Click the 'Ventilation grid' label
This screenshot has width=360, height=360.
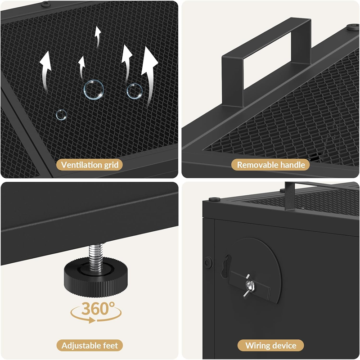coord(90,165)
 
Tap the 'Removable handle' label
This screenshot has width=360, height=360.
coord(271,165)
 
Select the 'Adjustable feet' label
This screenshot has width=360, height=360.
coord(90,345)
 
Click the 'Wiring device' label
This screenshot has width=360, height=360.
coord(271,345)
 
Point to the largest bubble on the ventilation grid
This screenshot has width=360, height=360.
coord(94,90)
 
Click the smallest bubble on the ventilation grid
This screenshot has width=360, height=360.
coord(61,115)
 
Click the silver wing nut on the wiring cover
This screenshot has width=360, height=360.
coord(249,286)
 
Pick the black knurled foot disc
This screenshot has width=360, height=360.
coord(95,277)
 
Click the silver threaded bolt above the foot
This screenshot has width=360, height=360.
coord(96,257)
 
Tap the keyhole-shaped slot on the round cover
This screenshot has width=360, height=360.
coord(226,266)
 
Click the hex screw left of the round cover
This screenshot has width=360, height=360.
coord(209,262)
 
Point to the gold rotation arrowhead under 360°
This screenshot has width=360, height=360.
coord(92,320)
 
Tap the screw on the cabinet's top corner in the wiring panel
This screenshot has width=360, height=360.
coord(215,199)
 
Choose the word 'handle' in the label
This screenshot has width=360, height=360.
coord(293,165)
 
